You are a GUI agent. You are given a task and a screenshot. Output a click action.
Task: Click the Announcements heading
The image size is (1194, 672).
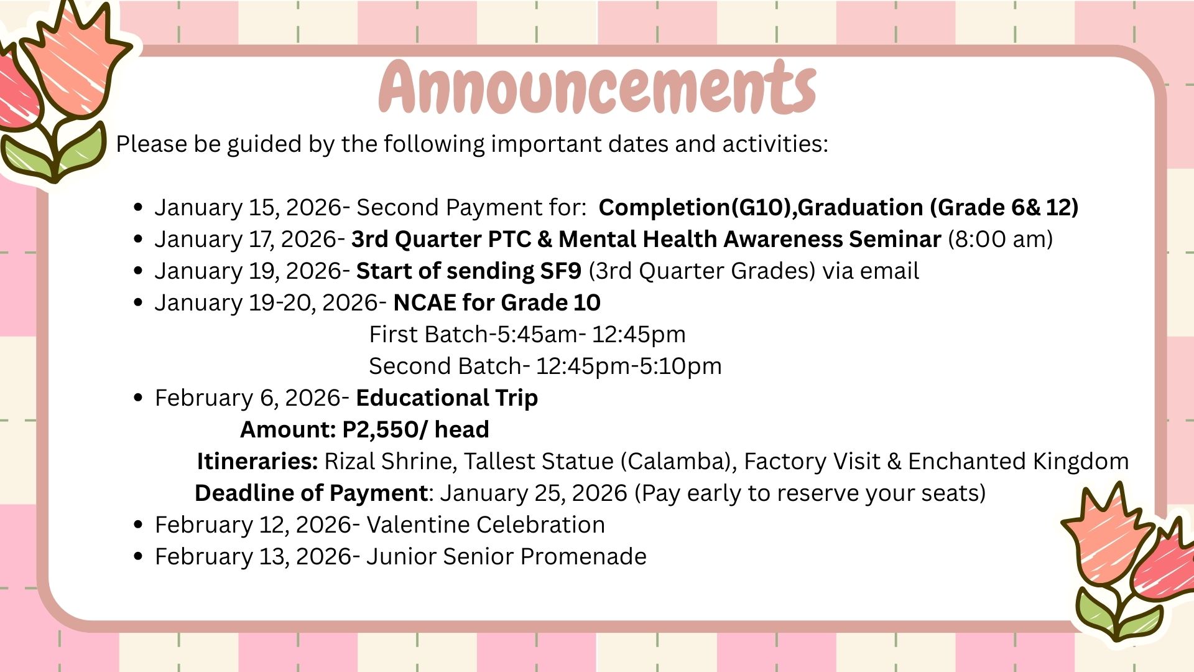[597, 86]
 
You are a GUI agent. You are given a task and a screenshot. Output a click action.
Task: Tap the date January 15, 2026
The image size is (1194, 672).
[248, 207]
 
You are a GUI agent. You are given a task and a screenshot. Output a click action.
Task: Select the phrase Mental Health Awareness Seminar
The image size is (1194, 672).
[750, 239]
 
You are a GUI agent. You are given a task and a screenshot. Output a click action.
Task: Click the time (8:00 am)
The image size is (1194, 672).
[1001, 239]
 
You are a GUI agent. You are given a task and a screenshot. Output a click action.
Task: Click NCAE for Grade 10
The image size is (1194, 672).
[497, 302]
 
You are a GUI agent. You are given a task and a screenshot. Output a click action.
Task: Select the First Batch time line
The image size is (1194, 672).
[527, 334]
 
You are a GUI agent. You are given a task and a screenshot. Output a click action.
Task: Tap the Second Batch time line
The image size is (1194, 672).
[545, 366]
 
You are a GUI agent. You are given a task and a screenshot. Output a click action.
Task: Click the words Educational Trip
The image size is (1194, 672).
[447, 398]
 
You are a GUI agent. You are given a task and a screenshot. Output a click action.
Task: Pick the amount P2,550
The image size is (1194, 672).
[381, 429]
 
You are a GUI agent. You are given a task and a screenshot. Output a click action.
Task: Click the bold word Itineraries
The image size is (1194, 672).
[257, 461]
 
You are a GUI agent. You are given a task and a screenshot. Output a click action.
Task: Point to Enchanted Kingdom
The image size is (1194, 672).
[1019, 461]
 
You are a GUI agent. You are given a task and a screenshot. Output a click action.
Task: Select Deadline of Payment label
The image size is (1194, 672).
[311, 493]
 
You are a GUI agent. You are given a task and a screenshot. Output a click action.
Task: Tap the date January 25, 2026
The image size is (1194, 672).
[534, 493]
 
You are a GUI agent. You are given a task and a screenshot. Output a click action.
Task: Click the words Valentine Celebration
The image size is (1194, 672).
[486, 525]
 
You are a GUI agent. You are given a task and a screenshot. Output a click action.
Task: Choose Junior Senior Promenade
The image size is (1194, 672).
[506, 556]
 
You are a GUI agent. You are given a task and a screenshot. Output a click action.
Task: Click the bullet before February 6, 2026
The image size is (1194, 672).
[139, 398]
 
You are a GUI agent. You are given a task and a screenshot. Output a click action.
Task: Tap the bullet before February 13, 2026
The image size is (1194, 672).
[139, 556]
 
